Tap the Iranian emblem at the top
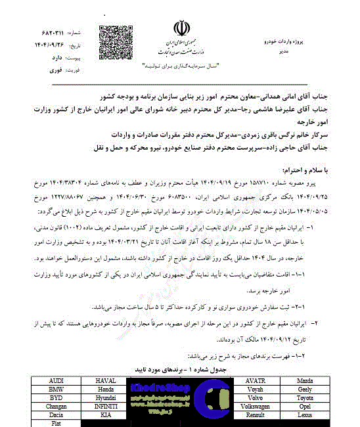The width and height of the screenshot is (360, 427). [180, 29]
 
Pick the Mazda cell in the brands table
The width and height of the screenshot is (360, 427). [305, 381]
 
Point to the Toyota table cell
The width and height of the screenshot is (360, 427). [305, 398]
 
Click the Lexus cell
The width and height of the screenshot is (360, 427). [305, 415]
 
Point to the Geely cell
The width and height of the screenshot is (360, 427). [305, 390]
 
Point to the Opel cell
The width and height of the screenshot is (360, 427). [305, 407]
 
